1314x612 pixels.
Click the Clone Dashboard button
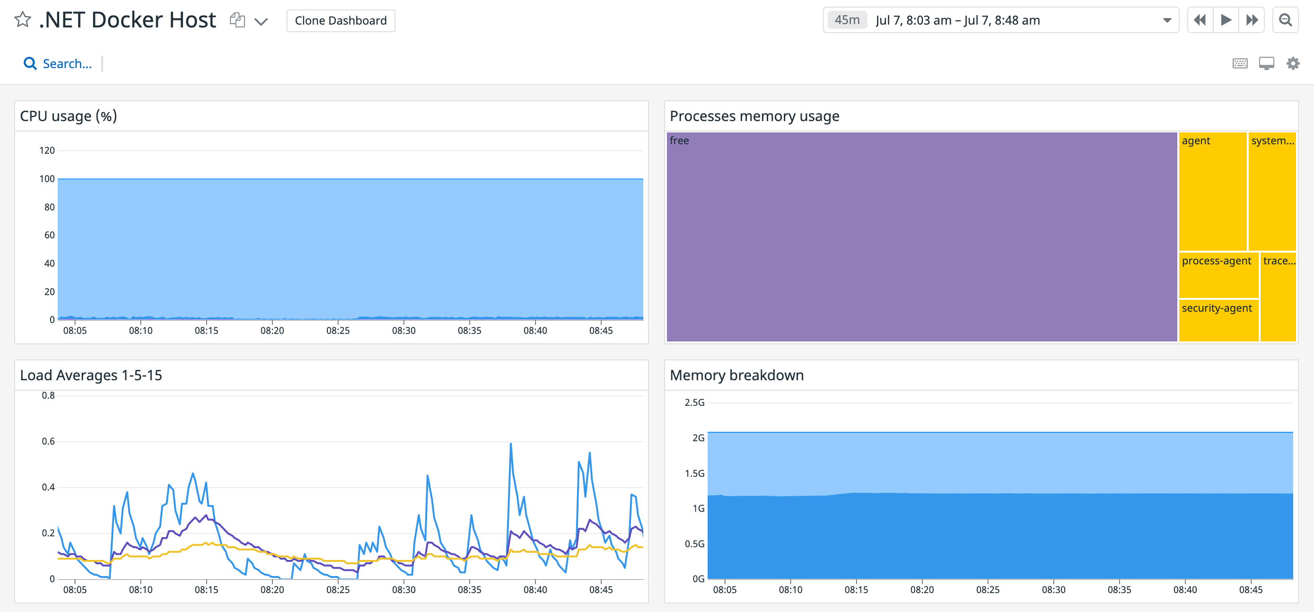pyautogui.click(x=340, y=20)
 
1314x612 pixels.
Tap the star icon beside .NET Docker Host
pyautogui.click(x=22, y=20)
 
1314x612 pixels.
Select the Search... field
pyautogui.click(x=67, y=64)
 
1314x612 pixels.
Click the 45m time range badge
pyautogui.click(x=847, y=20)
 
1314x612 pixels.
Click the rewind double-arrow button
pyautogui.click(x=1200, y=20)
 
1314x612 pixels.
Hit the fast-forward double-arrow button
pyautogui.click(x=1252, y=20)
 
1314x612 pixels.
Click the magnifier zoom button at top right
pyautogui.click(x=1286, y=20)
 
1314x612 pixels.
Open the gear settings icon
pyautogui.click(x=1293, y=64)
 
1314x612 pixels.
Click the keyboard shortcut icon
pyautogui.click(x=1240, y=64)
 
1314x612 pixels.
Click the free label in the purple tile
pyautogui.click(x=679, y=140)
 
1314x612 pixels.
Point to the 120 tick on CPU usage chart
pyautogui.click(x=47, y=150)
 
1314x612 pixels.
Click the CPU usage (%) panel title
pyautogui.click(x=69, y=116)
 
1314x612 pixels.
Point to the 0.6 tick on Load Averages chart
pyautogui.click(x=48, y=441)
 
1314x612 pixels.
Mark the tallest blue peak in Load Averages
pyautogui.click(x=510, y=444)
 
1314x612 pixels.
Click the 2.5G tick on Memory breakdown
pyautogui.click(x=694, y=402)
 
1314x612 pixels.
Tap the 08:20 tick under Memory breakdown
pyautogui.click(x=922, y=590)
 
